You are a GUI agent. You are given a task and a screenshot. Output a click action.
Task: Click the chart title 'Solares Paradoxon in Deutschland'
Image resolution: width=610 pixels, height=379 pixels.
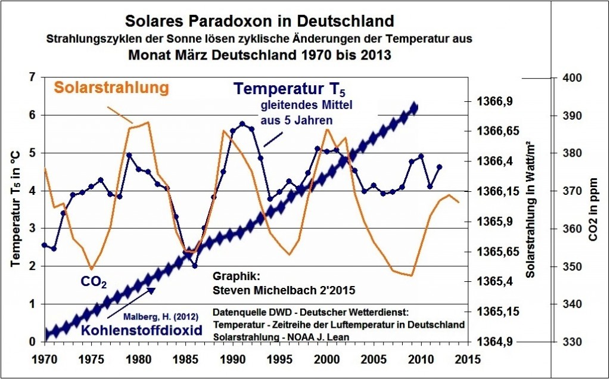click(259, 21)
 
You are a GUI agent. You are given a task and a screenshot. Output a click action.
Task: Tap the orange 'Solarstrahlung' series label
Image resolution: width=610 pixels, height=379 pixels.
click(108, 87)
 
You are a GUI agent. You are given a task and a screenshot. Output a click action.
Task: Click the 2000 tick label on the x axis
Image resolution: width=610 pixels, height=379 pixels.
click(326, 360)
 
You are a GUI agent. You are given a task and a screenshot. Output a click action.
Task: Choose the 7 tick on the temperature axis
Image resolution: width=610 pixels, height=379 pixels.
click(32, 77)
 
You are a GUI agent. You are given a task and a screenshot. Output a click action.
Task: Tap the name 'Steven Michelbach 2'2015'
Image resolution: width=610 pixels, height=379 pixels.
click(284, 291)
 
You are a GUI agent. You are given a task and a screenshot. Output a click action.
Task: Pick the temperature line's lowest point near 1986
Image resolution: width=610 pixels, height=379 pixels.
click(194, 265)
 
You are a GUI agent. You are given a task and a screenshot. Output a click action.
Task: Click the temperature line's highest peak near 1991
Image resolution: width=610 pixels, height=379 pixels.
click(242, 123)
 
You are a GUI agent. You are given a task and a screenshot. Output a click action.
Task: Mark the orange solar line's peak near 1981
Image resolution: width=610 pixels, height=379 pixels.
click(148, 122)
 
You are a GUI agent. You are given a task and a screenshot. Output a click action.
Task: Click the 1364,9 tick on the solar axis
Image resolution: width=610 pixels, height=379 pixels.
click(497, 342)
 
